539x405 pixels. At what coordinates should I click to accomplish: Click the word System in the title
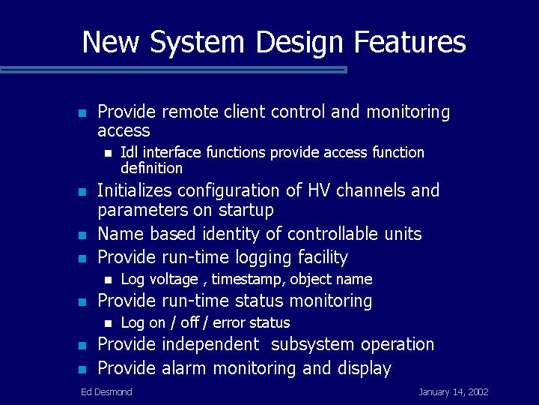point(198,42)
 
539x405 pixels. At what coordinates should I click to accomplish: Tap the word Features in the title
point(409,41)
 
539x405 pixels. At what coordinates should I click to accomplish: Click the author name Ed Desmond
point(106,391)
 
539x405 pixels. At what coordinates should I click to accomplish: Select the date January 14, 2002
point(454,392)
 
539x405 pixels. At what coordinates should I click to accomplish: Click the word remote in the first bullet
point(189,112)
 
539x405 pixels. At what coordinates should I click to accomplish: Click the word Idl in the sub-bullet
point(129,151)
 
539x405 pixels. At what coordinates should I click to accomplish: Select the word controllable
point(332,233)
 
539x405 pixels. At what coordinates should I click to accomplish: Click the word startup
point(246,211)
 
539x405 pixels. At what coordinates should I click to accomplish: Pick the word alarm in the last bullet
point(183,367)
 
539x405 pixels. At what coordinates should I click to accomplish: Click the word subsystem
point(312,344)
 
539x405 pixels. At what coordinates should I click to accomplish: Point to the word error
point(229,322)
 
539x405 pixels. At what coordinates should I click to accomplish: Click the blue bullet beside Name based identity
point(82,235)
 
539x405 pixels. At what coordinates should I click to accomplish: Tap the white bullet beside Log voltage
point(108,280)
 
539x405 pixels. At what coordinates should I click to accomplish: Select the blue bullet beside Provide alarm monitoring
point(82,370)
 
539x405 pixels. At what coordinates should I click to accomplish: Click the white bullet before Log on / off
point(108,323)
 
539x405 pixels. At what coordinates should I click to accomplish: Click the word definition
point(151,168)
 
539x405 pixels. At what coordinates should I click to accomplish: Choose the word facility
point(323,257)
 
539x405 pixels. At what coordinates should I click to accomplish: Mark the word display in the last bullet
point(365,368)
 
